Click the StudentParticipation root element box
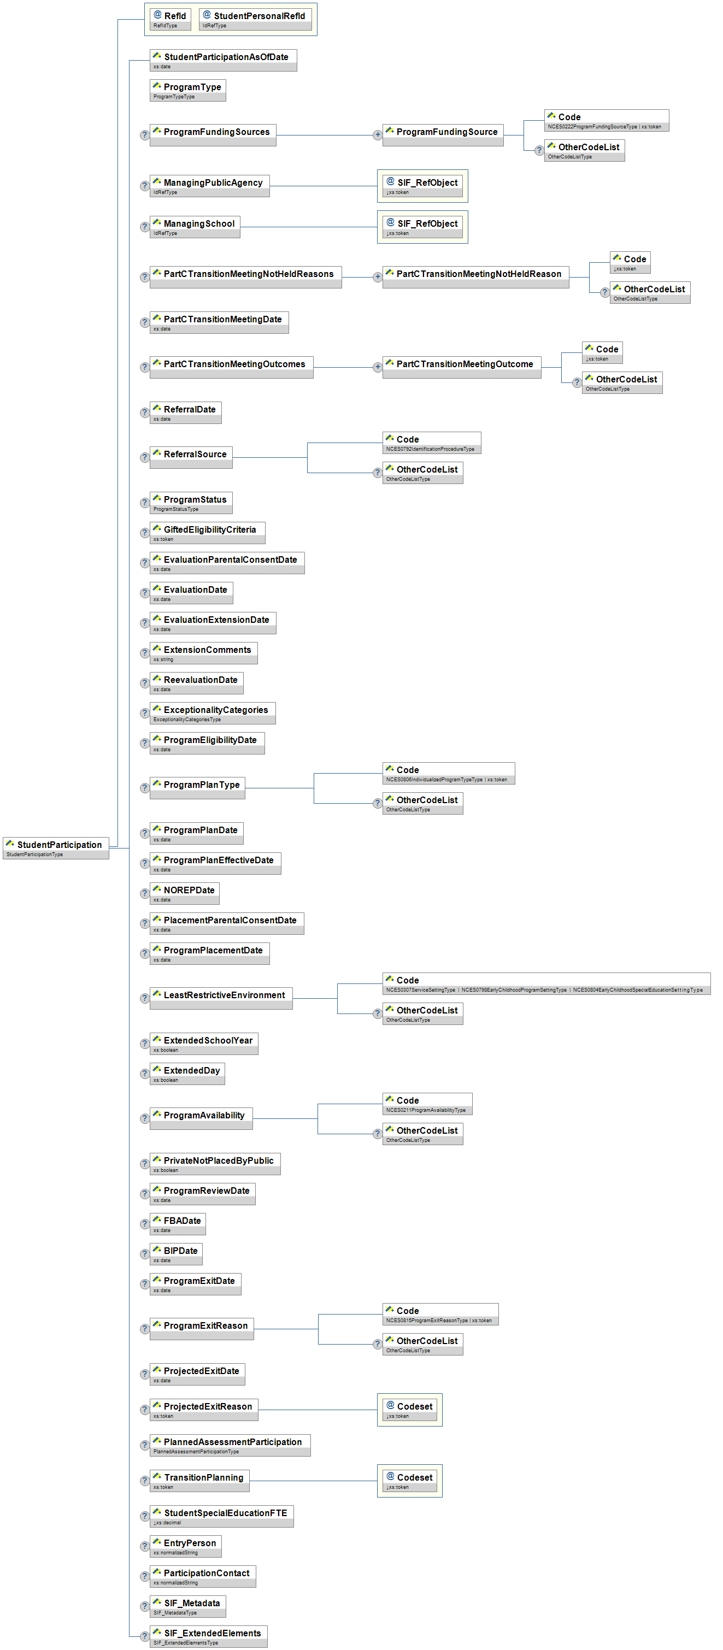(56, 847)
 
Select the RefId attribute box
(171, 19)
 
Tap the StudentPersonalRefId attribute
(255, 19)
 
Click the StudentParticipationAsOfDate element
(223, 60)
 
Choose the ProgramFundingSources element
(213, 134)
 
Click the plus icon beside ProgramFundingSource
(378, 135)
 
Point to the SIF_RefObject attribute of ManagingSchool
(422, 227)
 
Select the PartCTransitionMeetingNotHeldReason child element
(475, 276)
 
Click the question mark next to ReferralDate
(145, 412)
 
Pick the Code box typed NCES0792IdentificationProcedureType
(431, 443)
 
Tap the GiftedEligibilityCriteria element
(207, 532)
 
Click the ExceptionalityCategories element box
(212, 713)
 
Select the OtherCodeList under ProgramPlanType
(422, 803)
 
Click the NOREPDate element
(185, 893)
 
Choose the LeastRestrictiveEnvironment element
(221, 998)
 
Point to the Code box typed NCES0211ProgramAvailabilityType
(427, 1104)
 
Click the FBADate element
(178, 1223)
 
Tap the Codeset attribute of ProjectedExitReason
(409, 1409)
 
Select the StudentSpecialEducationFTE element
(222, 1516)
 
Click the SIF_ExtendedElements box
(208, 1636)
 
